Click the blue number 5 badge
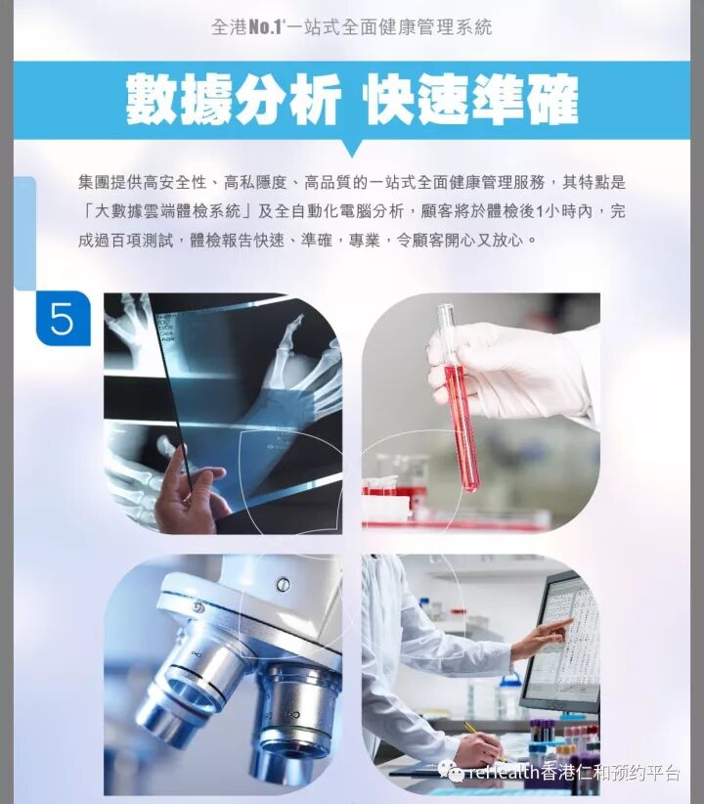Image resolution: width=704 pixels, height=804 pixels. pos(63,318)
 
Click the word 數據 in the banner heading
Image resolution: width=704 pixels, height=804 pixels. pos(179,99)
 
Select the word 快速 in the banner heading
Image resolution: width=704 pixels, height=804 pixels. pos(416,99)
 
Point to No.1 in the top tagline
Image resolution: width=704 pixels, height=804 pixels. pos(265,26)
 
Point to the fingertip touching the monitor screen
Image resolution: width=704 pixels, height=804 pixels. pos(569,621)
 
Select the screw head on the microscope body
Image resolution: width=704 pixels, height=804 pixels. pos(282,584)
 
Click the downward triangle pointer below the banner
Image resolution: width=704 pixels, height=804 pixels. pos(352,148)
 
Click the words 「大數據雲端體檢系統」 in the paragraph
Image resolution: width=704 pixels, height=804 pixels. pos(166,211)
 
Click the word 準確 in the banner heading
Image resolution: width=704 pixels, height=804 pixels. pos(525,99)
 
